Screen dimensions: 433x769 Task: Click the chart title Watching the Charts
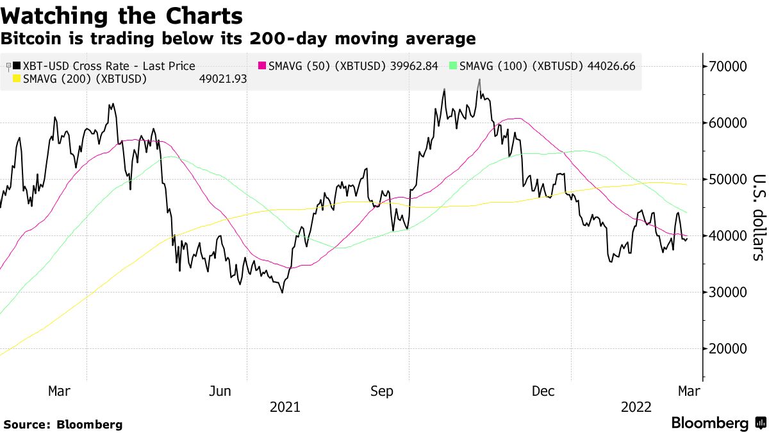click(x=122, y=15)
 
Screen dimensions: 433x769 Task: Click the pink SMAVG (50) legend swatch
click(x=262, y=66)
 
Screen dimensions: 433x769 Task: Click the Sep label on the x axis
click(x=383, y=391)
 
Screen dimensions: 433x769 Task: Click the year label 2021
click(x=285, y=407)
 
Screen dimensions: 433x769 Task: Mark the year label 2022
click(x=636, y=407)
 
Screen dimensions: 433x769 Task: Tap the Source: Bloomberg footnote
click(x=63, y=425)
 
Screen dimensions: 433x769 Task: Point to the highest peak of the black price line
click(x=479, y=80)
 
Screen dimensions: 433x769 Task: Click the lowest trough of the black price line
click(x=282, y=293)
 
